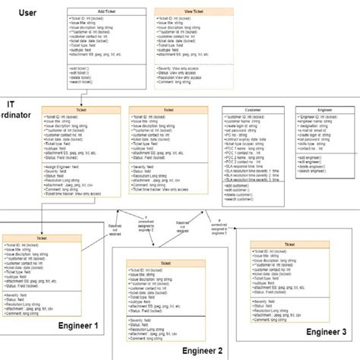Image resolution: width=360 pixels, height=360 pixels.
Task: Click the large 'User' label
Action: (28, 12)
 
